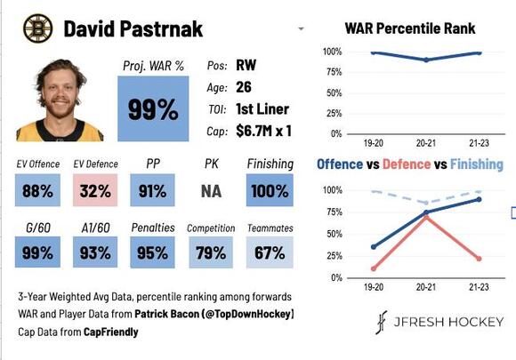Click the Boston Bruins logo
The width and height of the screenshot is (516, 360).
coord(37,28)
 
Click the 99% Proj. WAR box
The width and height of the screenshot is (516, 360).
coord(153,108)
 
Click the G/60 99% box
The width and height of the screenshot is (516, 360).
coord(38,252)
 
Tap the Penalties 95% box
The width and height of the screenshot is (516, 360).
coord(153,252)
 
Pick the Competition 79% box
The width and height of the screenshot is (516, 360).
coord(211,252)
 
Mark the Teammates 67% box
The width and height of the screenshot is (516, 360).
coord(269,252)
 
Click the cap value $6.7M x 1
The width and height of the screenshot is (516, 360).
coord(263,131)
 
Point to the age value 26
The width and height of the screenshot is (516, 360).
coord(245,87)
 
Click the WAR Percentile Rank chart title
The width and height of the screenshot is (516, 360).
coord(410,28)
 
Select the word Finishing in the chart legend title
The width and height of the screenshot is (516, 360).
coord(476,164)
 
